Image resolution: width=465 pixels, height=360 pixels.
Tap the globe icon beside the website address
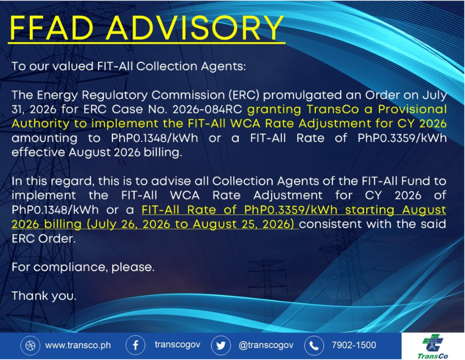tap(30, 346)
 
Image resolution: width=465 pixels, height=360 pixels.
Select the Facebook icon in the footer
tap(135, 346)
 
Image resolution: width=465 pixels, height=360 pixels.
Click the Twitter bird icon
tap(221, 346)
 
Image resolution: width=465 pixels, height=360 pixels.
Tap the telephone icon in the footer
tap(314, 346)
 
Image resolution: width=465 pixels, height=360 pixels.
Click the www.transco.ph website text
tap(78, 346)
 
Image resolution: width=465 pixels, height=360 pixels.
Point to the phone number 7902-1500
tap(354, 345)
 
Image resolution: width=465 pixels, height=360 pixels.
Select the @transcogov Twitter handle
tap(266, 345)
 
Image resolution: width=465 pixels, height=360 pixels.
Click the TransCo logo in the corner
tap(433, 347)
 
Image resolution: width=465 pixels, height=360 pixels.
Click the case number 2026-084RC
tap(207, 109)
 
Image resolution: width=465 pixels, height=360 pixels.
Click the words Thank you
tap(44, 296)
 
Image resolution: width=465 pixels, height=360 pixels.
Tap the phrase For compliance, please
tap(83, 267)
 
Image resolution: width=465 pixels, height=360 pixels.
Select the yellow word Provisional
tap(412, 109)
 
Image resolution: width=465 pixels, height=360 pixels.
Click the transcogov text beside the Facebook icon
tap(178, 345)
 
